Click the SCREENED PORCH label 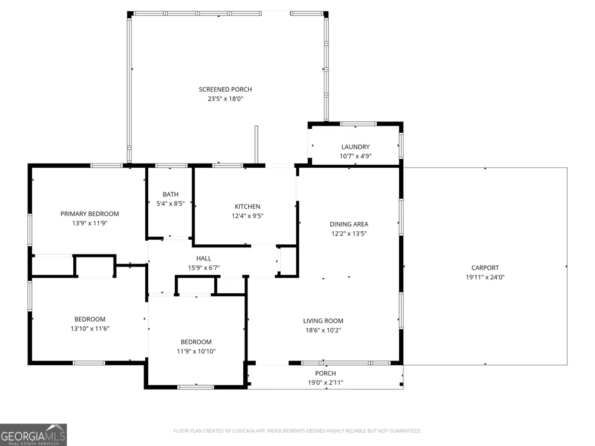[226, 89]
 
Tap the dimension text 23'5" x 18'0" [226, 99]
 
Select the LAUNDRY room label [356, 147]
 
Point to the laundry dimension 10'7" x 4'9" [356, 156]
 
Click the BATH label [170, 194]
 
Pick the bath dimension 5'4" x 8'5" [170, 203]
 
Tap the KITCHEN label [248, 206]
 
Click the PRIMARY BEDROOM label [90, 213]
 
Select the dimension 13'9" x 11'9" [90, 223]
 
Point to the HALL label [203, 258]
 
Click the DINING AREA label [349, 224]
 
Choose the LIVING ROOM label [323, 321]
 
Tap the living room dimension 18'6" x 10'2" [323, 330]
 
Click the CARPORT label [485, 268]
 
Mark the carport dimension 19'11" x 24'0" [485, 277]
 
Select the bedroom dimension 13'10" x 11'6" [90, 328]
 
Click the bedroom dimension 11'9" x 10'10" [196, 351]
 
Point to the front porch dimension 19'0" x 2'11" [325, 382]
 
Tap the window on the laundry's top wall [358, 124]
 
